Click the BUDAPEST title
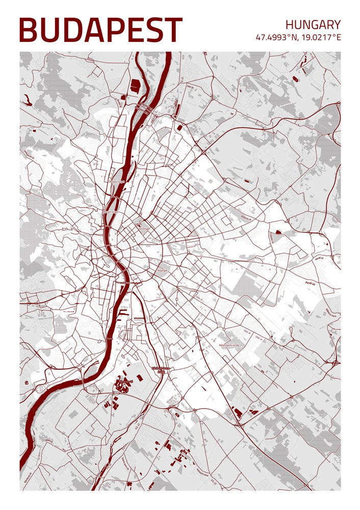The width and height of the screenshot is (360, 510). [100, 30]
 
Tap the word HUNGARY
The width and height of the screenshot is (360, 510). [313, 24]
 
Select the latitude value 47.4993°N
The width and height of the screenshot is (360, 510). [277, 38]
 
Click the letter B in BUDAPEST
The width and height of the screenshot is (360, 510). [29, 30]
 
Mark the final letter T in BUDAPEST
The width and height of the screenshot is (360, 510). [173, 30]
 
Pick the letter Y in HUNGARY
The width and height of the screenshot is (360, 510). [336, 24]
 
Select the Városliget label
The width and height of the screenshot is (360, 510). [144, 228]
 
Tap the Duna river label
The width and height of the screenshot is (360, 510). [109, 337]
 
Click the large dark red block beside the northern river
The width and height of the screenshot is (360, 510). [135, 85]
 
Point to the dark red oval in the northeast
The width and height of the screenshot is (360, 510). [278, 232]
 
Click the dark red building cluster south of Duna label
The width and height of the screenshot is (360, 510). [123, 384]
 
